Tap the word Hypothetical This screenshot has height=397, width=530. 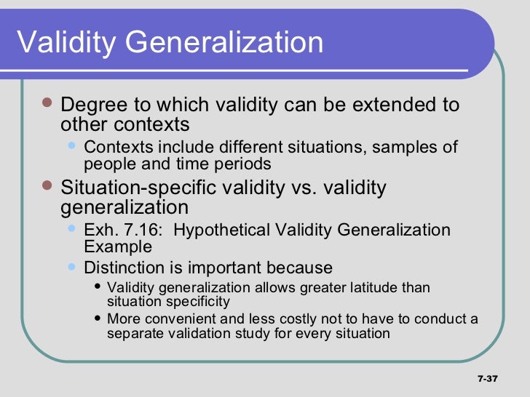tap(222, 230)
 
